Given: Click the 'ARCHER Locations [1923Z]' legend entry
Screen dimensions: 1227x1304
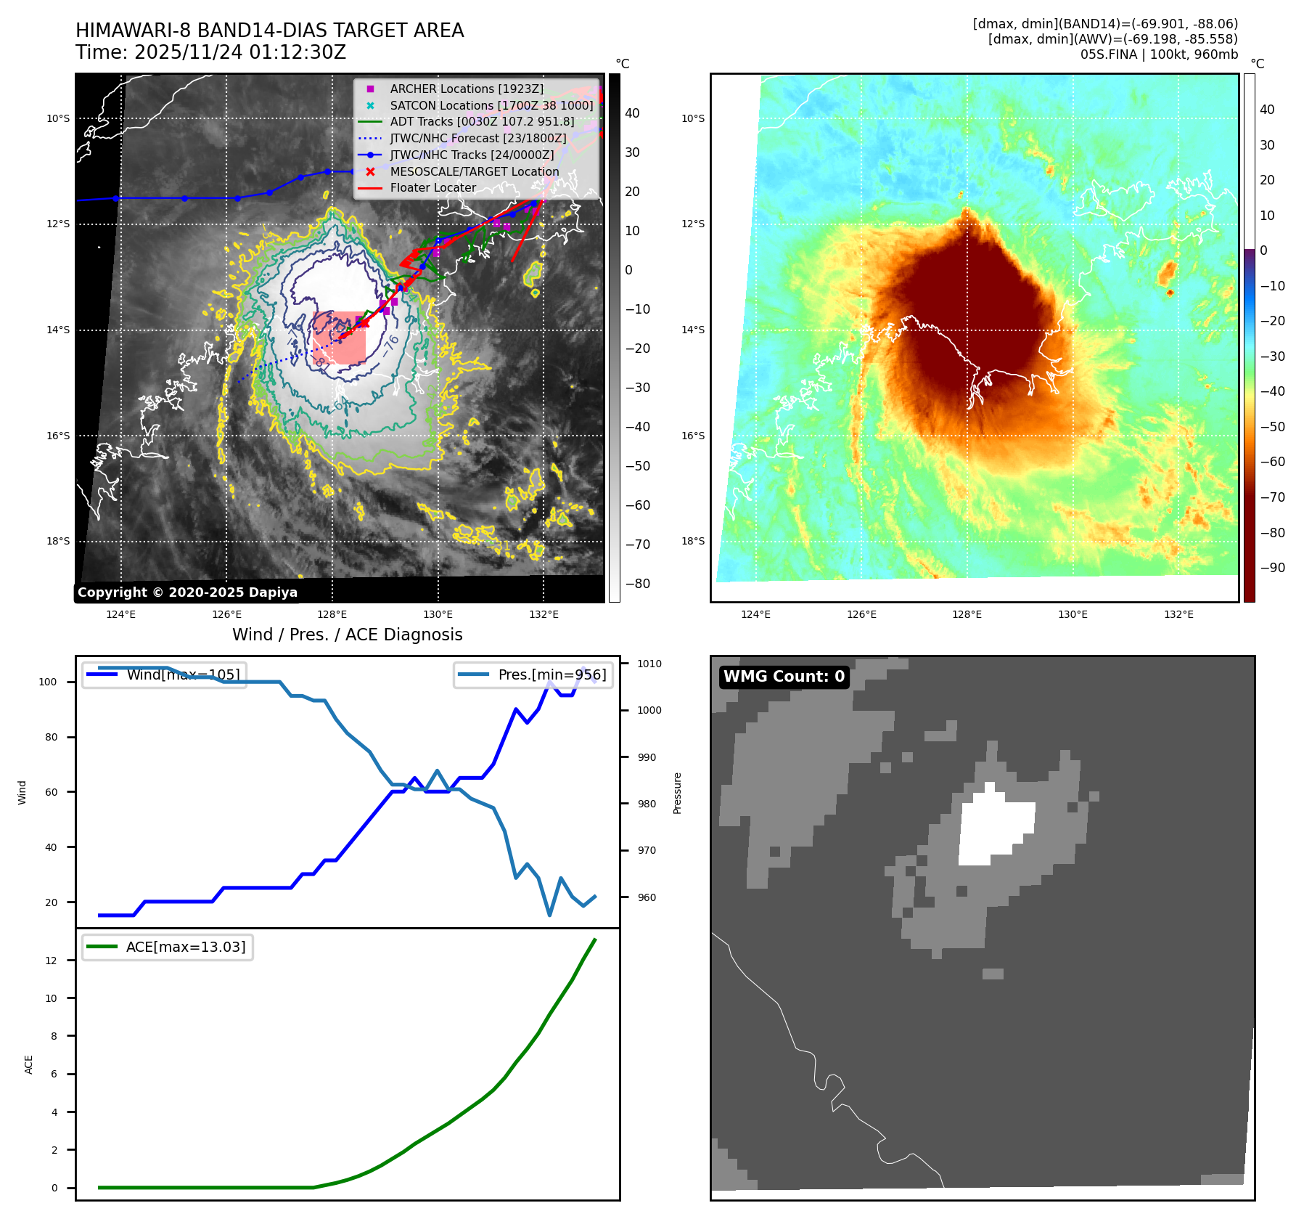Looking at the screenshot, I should coord(466,89).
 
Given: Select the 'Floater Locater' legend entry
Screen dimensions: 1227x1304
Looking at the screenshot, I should coord(432,187).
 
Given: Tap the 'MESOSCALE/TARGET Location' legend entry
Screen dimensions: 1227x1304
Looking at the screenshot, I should coord(474,171).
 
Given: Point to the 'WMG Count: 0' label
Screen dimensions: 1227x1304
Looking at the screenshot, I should coord(784,677).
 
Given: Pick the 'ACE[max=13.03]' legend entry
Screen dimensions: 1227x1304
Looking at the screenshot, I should coord(185,947).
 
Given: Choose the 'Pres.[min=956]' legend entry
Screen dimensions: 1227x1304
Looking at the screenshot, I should coord(551,674).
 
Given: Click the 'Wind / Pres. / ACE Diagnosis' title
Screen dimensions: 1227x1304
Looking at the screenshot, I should coord(347,635).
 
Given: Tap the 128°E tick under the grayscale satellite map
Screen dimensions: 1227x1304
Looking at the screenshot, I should coord(332,614).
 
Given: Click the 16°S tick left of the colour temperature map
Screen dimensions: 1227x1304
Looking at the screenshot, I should coord(692,436).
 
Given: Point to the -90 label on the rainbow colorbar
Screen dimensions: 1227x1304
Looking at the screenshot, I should coord(1272,568).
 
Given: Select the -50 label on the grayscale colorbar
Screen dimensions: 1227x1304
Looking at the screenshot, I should coord(637,466).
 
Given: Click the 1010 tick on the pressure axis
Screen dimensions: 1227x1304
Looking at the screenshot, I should coord(649,664).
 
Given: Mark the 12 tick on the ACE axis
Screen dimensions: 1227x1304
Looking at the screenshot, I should coord(51,961).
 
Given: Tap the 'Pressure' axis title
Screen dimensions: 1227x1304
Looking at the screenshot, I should coord(677,793).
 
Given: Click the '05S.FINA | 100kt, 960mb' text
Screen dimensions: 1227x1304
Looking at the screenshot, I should coord(1159,54).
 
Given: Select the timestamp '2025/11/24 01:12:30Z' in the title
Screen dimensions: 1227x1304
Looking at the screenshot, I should coord(240,52).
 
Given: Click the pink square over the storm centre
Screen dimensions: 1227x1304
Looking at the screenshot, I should coord(339,338).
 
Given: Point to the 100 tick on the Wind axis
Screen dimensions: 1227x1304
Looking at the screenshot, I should coord(48,682).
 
